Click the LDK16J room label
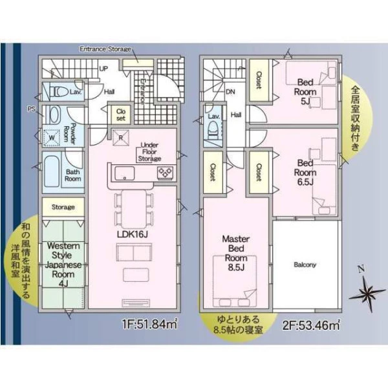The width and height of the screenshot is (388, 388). pyautogui.click(x=133, y=235)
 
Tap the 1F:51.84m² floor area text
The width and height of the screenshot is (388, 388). pyautogui.click(x=150, y=324)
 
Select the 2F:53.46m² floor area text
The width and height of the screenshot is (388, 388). pyautogui.click(x=311, y=325)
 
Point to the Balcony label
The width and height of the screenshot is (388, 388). pyautogui.click(x=305, y=264)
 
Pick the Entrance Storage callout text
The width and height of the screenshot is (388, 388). pyautogui.click(x=105, y=49)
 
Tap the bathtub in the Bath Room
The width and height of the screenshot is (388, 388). pyautogui.click(x=52, y=171)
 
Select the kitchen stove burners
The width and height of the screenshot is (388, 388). pyautogui.click(x=166, y=173)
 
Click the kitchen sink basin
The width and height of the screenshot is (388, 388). pyautogui.click(x=124, y=173)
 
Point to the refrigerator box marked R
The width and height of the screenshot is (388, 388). pyautogui.click(x=121, y=138)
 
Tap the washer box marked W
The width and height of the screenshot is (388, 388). pyautogui.click(x=52, y=138)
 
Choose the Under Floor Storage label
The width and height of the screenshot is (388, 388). pyautogui.click(x=149, y=152)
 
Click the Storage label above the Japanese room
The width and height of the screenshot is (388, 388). pyautogui.click(x=63, y=207)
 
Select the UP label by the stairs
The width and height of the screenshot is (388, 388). pyautogui.click(x=103, y=69)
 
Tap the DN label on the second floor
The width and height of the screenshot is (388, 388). pyautogui.click(x=230, y=92)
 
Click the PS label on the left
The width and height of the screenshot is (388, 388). pyautogui.click(x=32, y=109)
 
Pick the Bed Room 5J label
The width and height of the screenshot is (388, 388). pyautogui.click(x=305, y=92)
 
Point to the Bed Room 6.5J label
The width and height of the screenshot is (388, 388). pyautogui.click(x=305, y=173)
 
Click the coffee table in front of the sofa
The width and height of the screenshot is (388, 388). pyautogui.click(x=136, y=275)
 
